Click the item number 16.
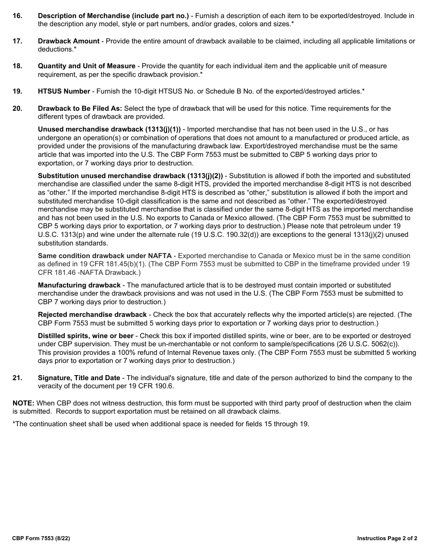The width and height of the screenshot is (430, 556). (x=17, y=16)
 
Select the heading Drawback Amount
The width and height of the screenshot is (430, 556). (x=69, y=41)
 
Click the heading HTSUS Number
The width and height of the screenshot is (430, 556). (x=64, y=91)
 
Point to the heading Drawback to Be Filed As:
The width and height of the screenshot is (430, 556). (x=80, y=108)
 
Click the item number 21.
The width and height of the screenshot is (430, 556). (x=17, y=378)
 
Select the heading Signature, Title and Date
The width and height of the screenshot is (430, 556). (x=79, y=378)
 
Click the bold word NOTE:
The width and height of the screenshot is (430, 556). (x=23, y=403)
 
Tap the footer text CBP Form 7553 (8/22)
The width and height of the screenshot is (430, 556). (x=41, y=538)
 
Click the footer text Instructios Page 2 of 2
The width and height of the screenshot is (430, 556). (x=387, y=538)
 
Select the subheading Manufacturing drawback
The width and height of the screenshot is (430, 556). (x=79, y=285)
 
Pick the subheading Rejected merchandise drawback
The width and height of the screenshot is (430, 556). (x=92, y=315)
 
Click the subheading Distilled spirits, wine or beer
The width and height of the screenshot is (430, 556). (x=86, y=336)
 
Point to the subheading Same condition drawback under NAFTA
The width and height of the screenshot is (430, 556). (x=105, y=256)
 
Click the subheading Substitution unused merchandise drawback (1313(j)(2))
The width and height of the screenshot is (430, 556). (x=130, y=176)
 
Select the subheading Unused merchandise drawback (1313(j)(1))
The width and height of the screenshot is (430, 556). (x=109, y=129)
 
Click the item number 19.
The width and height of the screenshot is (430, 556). (x=17, y=91)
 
